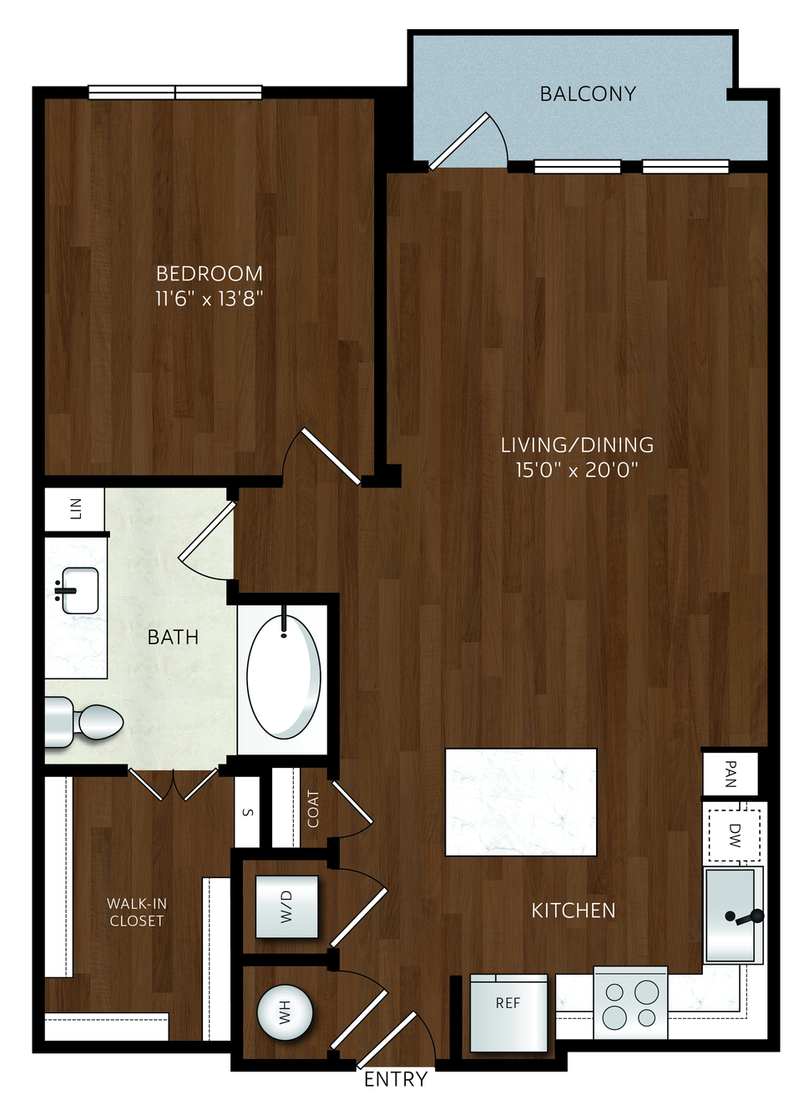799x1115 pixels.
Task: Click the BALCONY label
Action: click(x=588, y=93)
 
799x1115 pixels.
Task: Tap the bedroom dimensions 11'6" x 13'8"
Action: click(x=209, y=299)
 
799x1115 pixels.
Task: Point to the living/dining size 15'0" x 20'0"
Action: click(x=577, y=471)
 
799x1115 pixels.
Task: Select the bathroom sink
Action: click(x=79, y=590)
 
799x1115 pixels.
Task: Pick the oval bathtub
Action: click(x=283, y=677)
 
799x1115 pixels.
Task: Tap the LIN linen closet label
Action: click(x=76, y=509)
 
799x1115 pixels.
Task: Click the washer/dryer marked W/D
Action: click(x=286, y=907)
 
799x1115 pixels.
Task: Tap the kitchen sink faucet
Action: click(x=746, y=917)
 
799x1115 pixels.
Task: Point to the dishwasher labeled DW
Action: click(x=734, y=835)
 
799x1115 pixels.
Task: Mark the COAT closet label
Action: click(x=313, y=809)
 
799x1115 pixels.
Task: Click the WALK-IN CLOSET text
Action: click(x=136, y=912)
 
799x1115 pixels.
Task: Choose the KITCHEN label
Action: click(x=574, y=911)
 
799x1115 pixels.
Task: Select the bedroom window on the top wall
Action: click(x=175, y=93)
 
